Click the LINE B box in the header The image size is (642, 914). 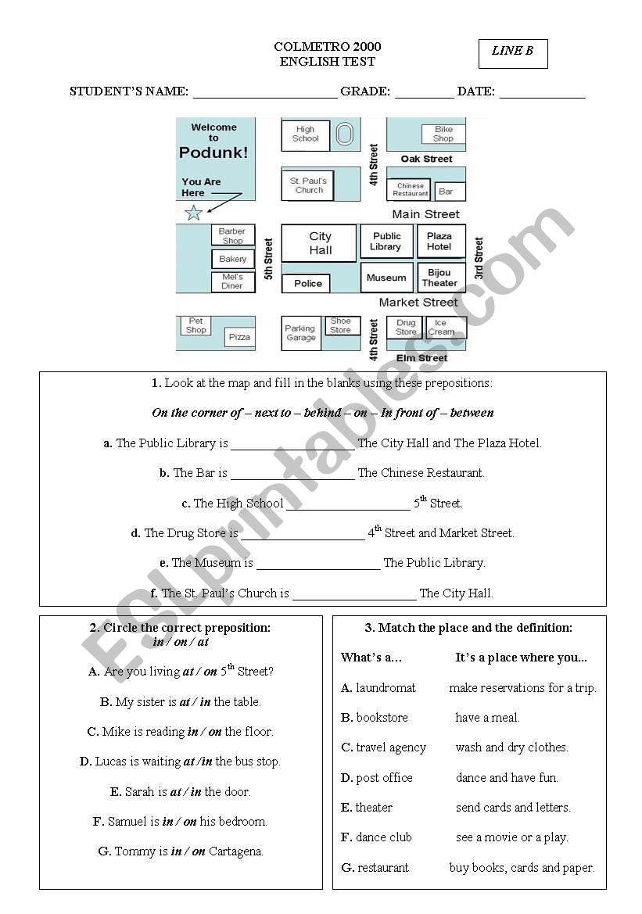513,53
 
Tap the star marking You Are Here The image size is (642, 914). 193,212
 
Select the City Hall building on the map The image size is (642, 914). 319,243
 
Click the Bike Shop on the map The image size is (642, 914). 443,134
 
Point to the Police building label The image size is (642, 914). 307,283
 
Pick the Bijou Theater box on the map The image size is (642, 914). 439,278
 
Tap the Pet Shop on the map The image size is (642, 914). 196,325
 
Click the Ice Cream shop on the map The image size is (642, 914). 441,327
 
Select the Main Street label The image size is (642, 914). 425,214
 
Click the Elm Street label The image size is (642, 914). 422,358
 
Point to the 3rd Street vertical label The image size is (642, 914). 479,259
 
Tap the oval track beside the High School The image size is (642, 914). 344,134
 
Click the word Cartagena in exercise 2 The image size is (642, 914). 235,851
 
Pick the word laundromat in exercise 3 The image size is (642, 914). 386,688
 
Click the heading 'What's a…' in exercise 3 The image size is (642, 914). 371,658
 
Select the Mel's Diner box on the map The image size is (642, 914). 232,281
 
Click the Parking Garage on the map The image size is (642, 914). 300,333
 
